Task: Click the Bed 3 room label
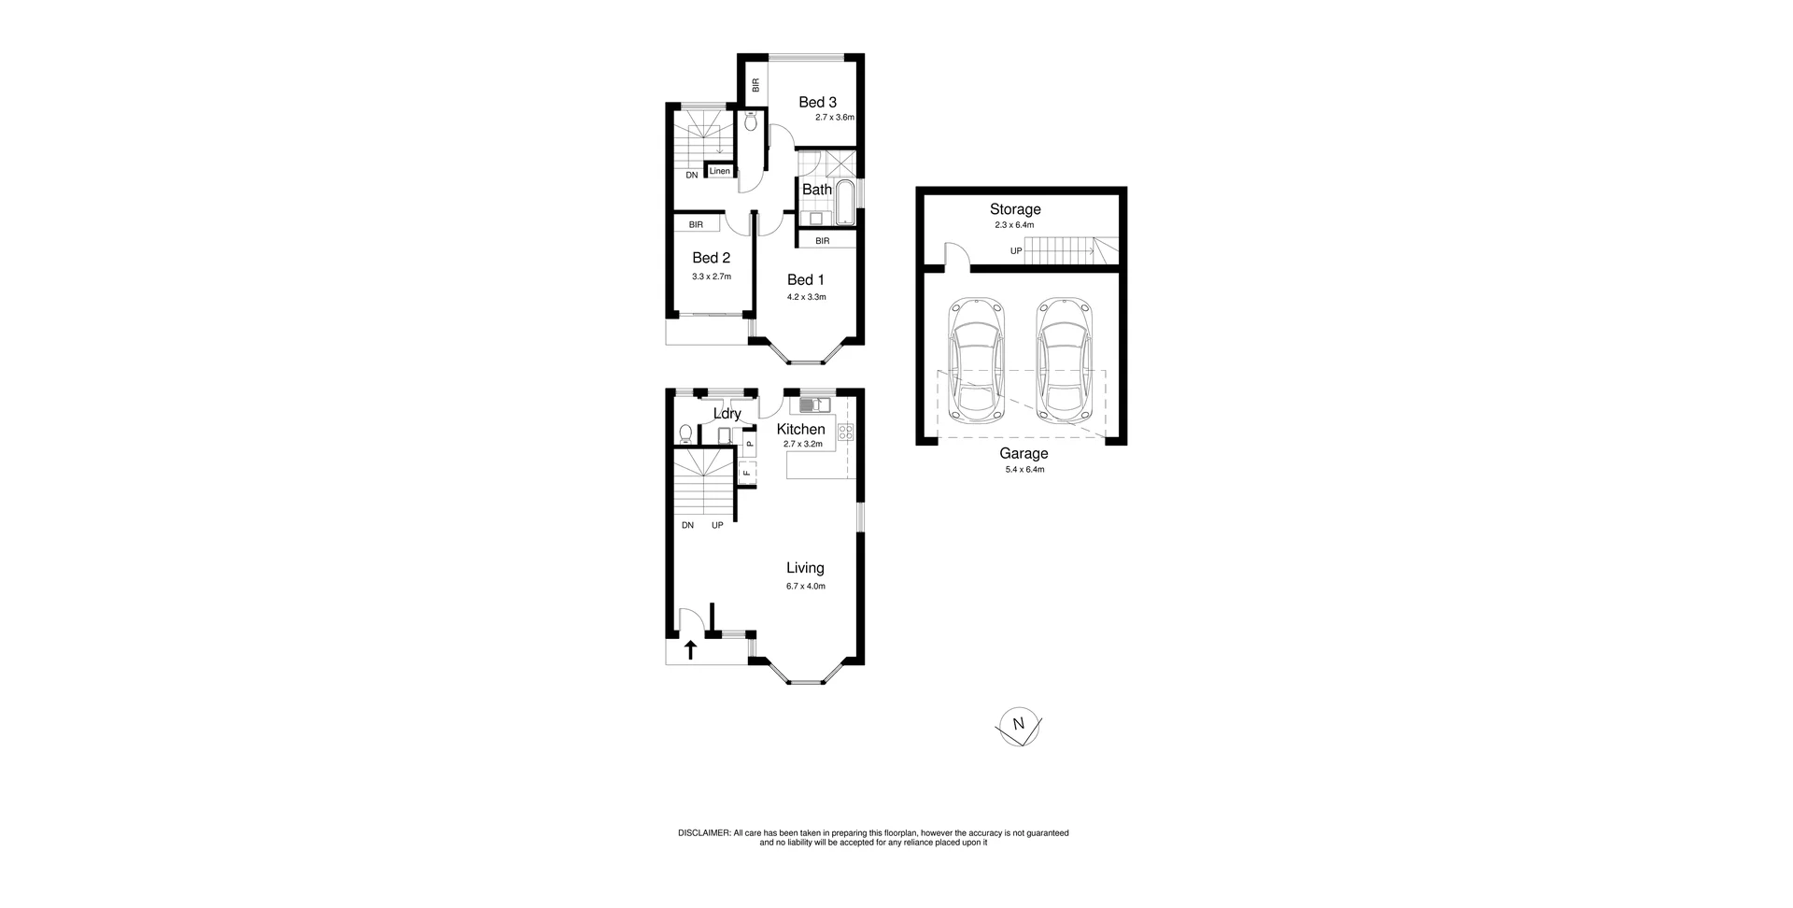click(817, 102)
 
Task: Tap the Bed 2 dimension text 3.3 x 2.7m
click(711, 277)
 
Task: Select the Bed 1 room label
click(805, 279)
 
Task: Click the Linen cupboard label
click(719, 172)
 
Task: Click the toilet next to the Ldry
click(685, 433)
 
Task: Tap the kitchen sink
click(815, 405)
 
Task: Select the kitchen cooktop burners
click(845, 432)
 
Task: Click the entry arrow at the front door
click(690, 650)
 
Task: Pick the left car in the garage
click(975, 361)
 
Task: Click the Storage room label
click(1015, 209)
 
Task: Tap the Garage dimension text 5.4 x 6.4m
click(1024, 470)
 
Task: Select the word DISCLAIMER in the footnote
click(704, 832)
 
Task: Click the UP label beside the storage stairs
click(1016, 251)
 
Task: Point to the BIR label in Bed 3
click(755, 84)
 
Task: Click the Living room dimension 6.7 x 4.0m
click(805, 587)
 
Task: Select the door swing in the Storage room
click(955, 254)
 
